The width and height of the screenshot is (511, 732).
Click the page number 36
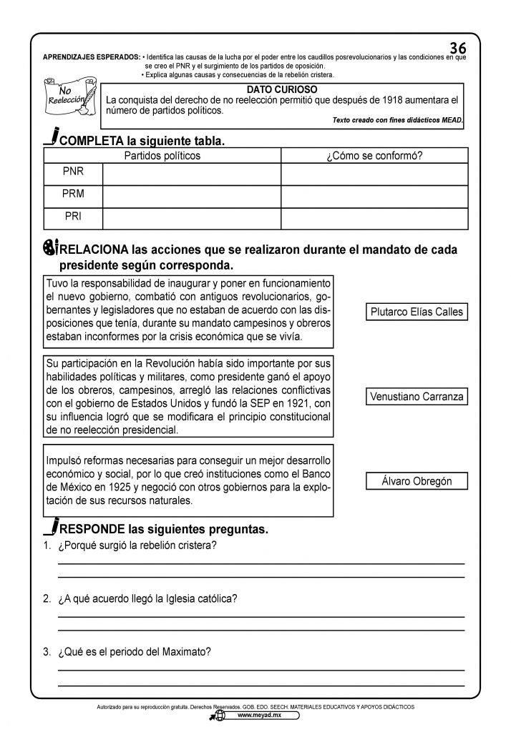pyautogui.click(x=458, y=48)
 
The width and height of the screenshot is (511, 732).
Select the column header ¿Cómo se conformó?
pyautogui.click(x=374, y=155)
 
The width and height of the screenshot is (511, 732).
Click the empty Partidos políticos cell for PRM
pyautogui.click(x=191, y=194)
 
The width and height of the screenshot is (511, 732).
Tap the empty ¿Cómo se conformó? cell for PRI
pyautogui.click(x=374, y=214)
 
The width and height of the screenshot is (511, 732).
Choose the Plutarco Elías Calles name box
pyautogui.click(x=417, y=312)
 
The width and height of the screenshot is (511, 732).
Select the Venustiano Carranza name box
pyautogui.click(x=417, y=396)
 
